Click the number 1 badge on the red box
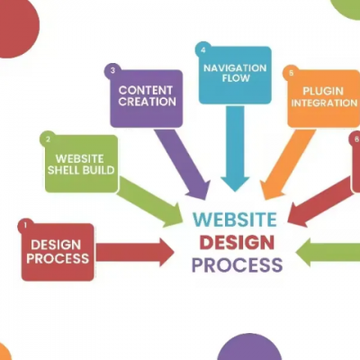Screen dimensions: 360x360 [25, 225]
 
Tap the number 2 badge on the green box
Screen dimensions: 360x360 [48, 139]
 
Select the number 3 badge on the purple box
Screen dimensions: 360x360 [112, 71]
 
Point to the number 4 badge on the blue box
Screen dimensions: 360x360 [203, 49]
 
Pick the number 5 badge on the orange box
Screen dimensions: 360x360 [291, 73]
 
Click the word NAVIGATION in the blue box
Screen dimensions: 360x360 [235, 68]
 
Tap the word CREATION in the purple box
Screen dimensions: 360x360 [147, 102]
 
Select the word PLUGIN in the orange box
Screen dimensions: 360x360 [323, 91]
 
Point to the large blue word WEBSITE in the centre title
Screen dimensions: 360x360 [235, 220]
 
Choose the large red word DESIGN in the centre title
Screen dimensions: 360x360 [237, 243]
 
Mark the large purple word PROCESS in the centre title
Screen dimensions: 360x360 [237, 265]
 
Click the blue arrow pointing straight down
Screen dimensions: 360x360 [235, 148]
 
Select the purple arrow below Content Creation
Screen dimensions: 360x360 [183, 164]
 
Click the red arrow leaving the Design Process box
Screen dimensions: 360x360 [135, 252]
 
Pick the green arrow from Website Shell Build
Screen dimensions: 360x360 [149, 202]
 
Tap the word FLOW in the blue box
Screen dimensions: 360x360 [236, 78]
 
